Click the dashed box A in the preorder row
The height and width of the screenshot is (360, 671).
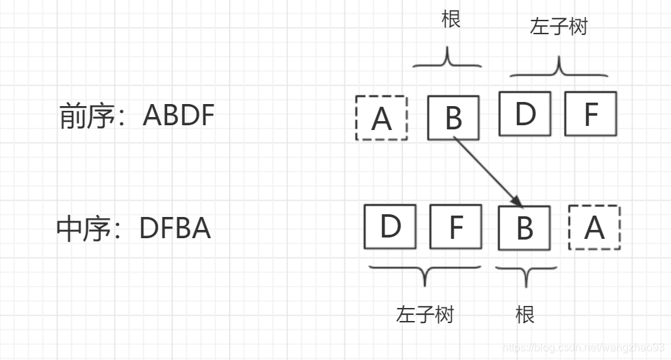pos(381,118)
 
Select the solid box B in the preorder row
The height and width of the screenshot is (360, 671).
pos(453,118)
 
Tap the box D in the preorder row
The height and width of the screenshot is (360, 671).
pos(525,114)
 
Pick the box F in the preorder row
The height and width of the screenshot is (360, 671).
pos(590,114)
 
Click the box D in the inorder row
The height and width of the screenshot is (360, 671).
pos(390,227)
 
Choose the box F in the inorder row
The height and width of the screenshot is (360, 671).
pos(455,227)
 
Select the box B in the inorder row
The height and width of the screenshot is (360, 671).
pos(524,228)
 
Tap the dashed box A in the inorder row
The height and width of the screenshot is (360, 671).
pos(594,227)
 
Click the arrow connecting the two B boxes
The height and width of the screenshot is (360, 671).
pos(489,171)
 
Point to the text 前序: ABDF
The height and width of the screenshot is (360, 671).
pos(137,116)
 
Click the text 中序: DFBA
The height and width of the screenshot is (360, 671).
pos(134,229)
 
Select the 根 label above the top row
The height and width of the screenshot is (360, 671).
pos(451,19)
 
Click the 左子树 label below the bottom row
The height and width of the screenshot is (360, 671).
pos(425,314)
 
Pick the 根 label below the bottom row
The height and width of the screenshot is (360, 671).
pos(524,314)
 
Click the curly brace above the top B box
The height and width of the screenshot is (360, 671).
pos(448,60)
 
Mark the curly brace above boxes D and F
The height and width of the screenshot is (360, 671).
pos(559,68)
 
